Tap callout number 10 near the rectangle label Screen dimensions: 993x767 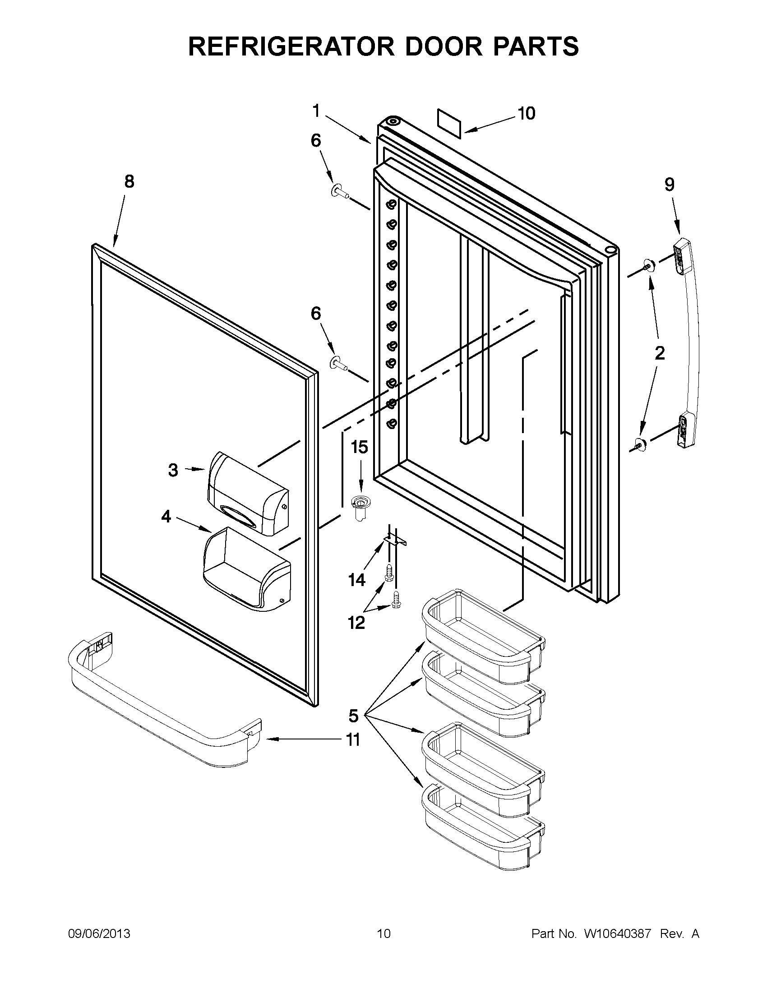tap(526, 113)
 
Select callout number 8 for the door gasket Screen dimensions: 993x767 tap(129, 182)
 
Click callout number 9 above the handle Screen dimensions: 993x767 tap(669, 185)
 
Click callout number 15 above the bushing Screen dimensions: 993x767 tap(359, 447)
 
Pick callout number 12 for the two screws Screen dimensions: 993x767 tap(356, 623)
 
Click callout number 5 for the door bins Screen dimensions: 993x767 tap(353, 716)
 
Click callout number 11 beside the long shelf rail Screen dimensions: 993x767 tap(353, 740)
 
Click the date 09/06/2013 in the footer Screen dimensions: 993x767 tap(99, 934)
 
